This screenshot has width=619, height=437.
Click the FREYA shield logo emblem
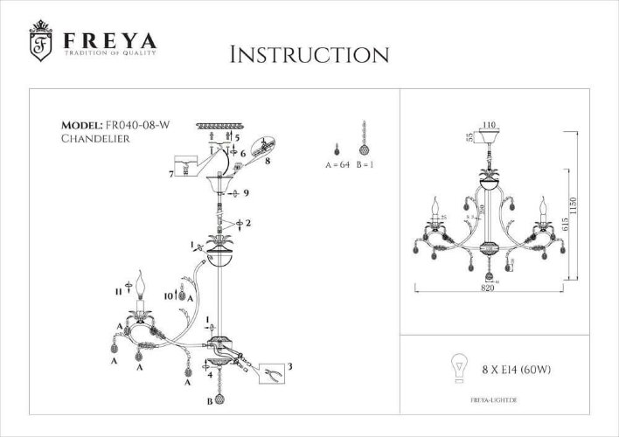point(39,42)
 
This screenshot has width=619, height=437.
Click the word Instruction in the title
point(309,54)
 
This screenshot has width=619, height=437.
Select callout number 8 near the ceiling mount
point(267,161)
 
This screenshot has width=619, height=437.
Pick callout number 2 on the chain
point(250,224)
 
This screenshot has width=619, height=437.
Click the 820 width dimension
point(487,289)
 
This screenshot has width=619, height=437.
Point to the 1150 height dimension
point(597,205)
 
